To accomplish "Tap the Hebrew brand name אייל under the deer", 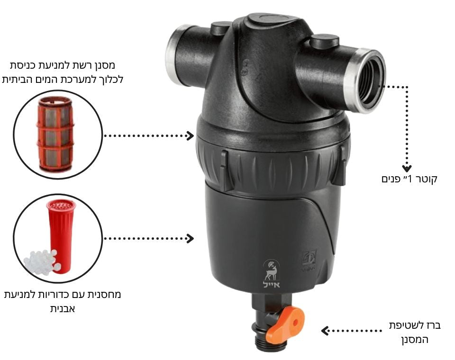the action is (x=271, y=284).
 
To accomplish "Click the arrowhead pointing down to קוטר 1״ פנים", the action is (x=407, y=169).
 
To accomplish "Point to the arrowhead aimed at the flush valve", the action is (x=325, y=331).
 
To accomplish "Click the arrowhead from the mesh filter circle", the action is (x=191, y=135).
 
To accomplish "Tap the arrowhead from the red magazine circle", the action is (x=191, y=238).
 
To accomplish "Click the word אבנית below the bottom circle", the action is (x=63, y=309).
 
